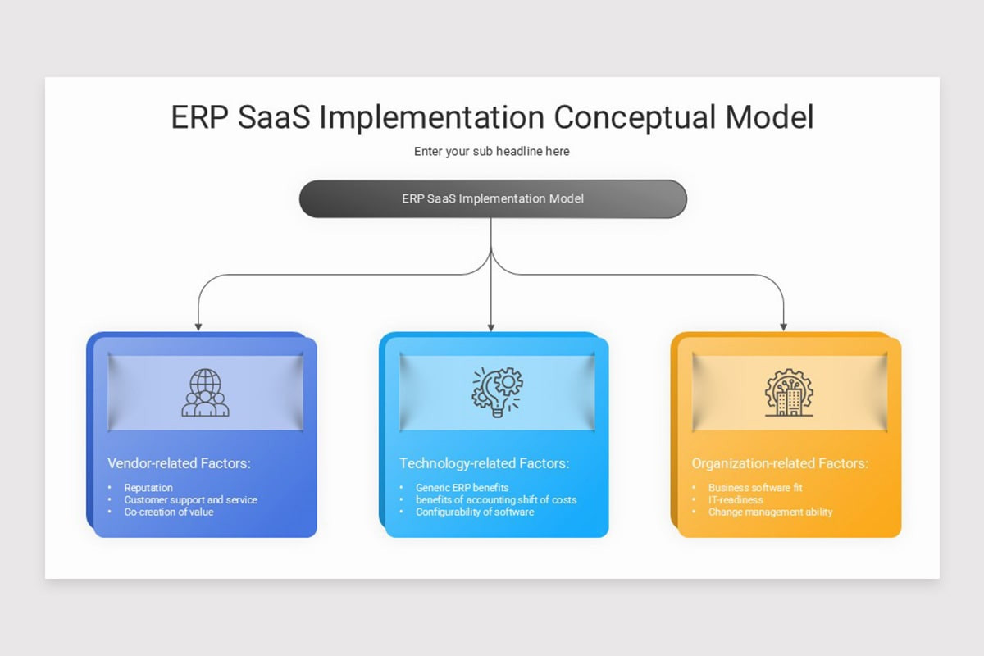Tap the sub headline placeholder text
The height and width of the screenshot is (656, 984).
[491, 151]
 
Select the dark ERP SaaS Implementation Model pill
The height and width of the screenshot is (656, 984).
[492, 198]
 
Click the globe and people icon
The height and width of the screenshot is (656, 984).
[205, 393]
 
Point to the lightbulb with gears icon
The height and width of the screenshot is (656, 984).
[497, 392]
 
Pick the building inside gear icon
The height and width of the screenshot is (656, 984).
[789, 393]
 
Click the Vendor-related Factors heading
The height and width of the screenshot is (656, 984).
[179, 463]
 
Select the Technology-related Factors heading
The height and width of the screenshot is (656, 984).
[484, 463]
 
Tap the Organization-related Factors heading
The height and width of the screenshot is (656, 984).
[779, 463]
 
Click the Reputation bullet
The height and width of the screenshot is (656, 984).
[148, 488]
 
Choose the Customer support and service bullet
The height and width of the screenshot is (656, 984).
[190, 499]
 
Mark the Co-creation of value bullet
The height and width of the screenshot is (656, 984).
[168, 512]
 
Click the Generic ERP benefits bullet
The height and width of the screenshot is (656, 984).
[462, 488]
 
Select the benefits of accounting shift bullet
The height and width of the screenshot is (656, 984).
[495, 499]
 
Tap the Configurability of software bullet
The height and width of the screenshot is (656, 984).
[474, 512]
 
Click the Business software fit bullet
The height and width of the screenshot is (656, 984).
[755, 488]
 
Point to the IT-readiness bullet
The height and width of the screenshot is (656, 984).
[736, 499]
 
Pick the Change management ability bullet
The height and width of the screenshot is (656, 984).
[770, 512]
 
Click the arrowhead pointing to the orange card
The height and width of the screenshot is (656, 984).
[783, 326]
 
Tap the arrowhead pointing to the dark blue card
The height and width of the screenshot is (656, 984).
[198, 326]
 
